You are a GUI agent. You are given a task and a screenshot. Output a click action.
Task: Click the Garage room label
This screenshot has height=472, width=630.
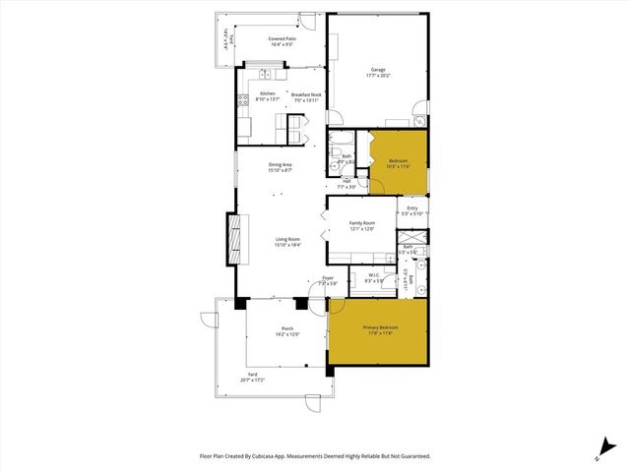(378, 69)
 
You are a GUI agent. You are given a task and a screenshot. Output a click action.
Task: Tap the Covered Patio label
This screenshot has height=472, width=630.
(283, 39)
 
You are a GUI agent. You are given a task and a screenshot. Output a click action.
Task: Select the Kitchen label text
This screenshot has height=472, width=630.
(268, 94)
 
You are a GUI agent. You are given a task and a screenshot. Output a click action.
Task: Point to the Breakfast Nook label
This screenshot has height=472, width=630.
(306, 94)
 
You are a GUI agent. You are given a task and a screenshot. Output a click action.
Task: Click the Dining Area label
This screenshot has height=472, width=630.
(280, 164)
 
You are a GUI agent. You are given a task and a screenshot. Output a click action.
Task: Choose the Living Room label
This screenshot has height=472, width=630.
(287, 239)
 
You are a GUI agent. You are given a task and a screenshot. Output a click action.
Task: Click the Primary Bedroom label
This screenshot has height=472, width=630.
(379, 327)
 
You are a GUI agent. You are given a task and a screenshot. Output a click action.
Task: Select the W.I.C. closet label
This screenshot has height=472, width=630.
(373, 275)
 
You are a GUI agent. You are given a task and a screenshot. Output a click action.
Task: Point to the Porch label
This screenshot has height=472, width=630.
(287, 328)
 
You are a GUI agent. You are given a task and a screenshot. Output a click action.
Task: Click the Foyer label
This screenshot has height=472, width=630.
(328, 278)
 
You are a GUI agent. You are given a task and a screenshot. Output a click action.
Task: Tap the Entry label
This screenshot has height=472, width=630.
(412, 207)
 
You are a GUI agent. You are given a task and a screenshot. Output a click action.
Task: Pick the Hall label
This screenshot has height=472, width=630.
(347, 181)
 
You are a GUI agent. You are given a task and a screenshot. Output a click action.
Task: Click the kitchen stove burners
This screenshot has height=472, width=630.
(241, 99)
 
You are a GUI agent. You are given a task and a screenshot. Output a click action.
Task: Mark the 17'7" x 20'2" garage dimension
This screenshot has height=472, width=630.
(378, 75)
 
